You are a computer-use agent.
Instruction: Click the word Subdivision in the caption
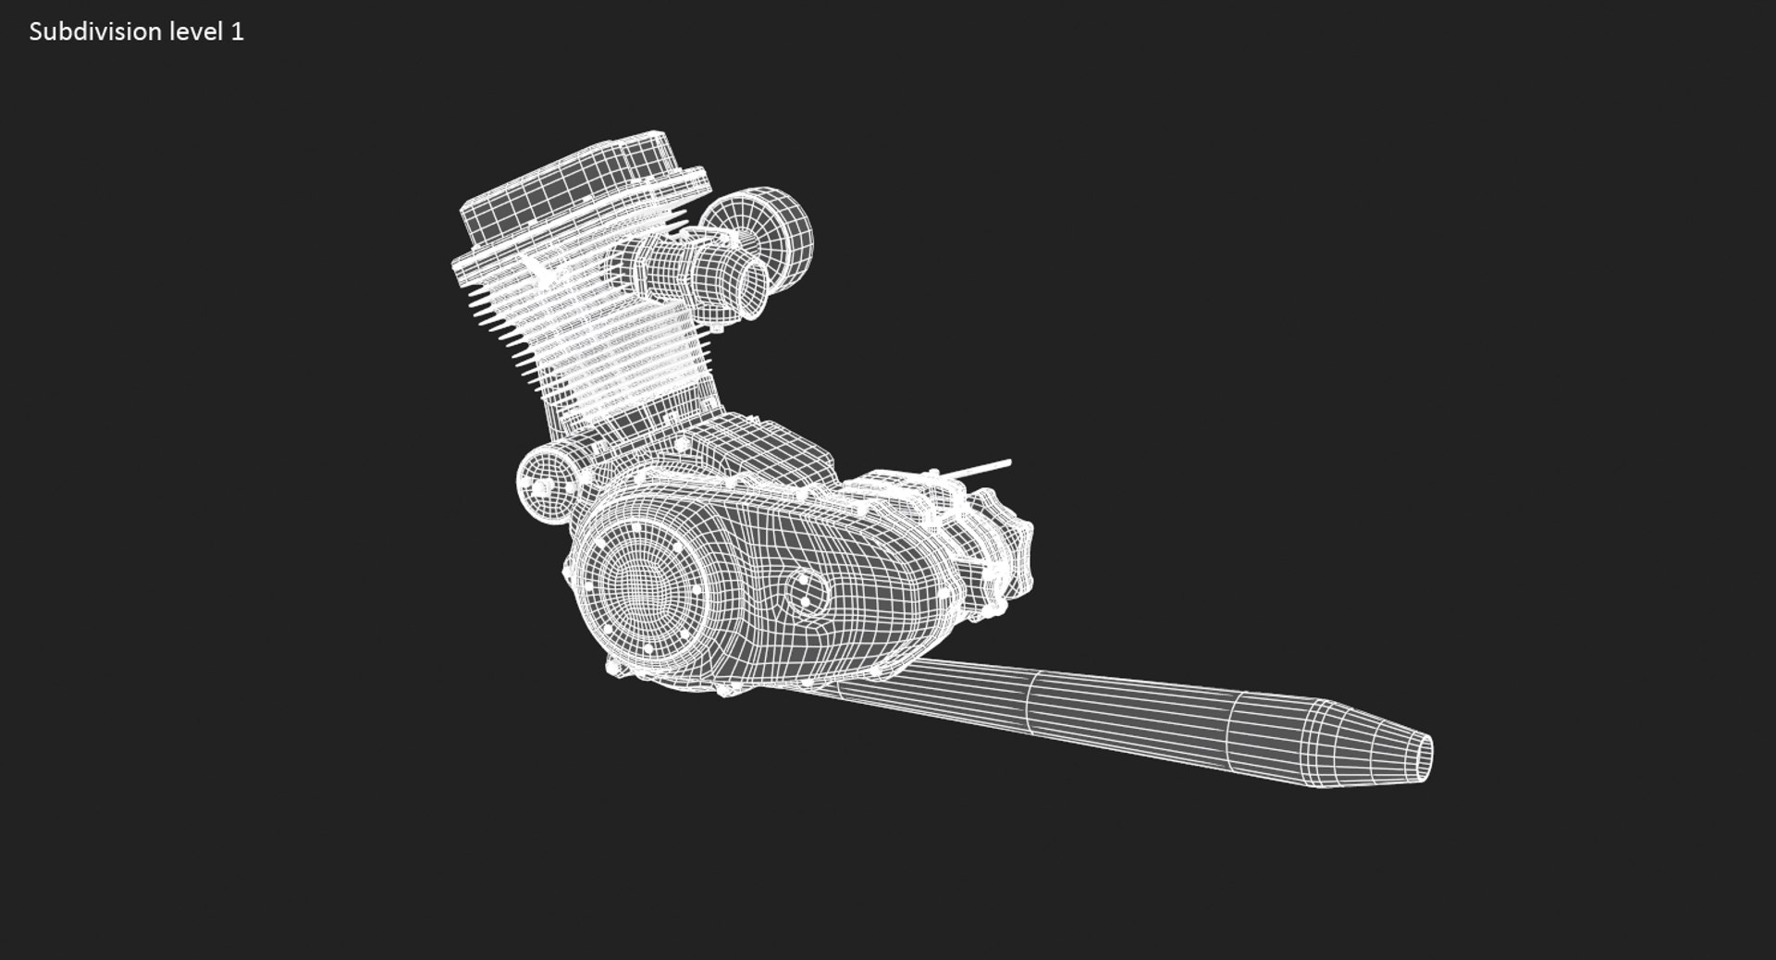click(95, 31)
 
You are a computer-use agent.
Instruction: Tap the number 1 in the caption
click(238, 31)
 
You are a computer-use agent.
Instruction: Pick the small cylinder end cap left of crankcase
click(540, 485)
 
